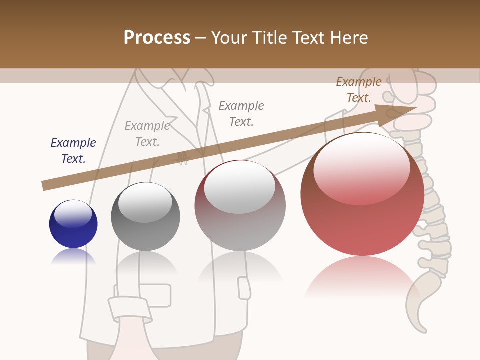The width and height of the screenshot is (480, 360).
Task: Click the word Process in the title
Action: tap(157, 38)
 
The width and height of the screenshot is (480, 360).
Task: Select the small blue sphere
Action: tap(73, 224)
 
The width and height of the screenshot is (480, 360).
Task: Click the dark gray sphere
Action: tap(145, 216)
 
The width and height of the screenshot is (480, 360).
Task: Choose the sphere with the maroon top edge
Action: tap(240, 205)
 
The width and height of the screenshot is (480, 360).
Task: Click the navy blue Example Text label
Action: tap(73, 151)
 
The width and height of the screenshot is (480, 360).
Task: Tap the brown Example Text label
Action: tap(358, 90)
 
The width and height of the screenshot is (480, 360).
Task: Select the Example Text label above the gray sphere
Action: tap(147, 134)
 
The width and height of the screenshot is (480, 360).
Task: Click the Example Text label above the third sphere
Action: tap(241, 113)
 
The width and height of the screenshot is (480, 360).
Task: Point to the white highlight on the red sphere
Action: tap(361, 169)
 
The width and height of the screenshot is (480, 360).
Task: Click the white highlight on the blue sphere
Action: tap(73, 213)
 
